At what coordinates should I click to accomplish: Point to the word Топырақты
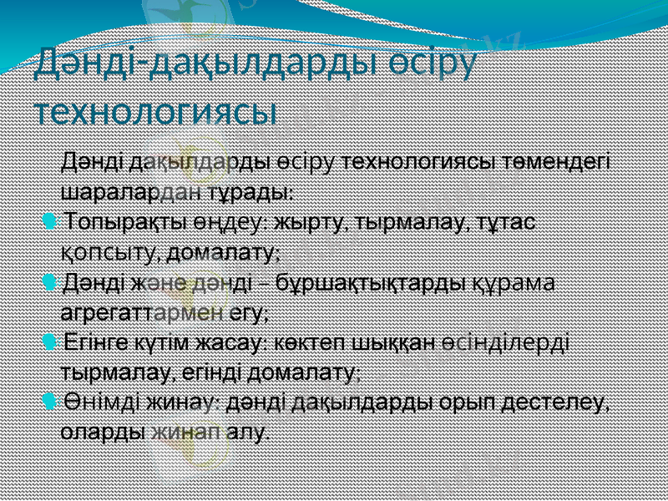(x=118, y=224)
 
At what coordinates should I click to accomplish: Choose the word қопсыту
(x=114, y=251)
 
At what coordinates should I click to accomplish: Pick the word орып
(x=476, y=404)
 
